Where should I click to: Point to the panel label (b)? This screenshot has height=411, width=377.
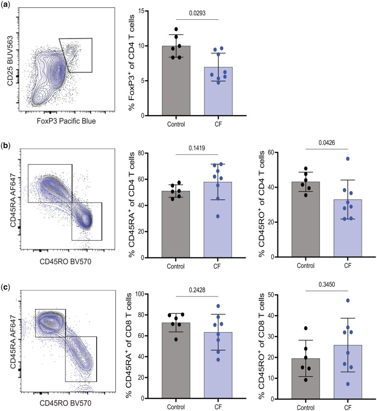(6, 144)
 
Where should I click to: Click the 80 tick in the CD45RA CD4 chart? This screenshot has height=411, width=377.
(155, 154)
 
